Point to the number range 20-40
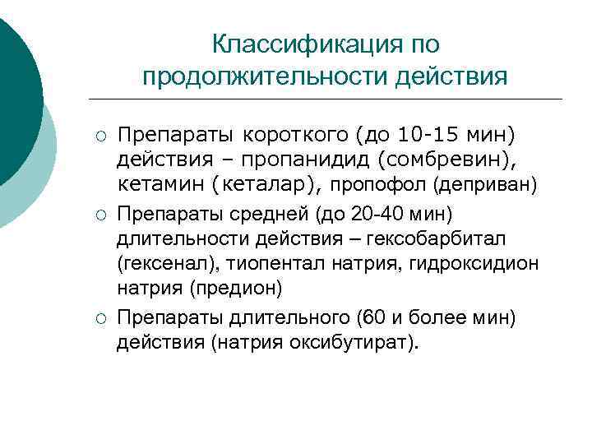pyautogui.click(x=375, y=215)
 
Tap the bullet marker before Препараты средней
pyautogui.click(x=98, y=215)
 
